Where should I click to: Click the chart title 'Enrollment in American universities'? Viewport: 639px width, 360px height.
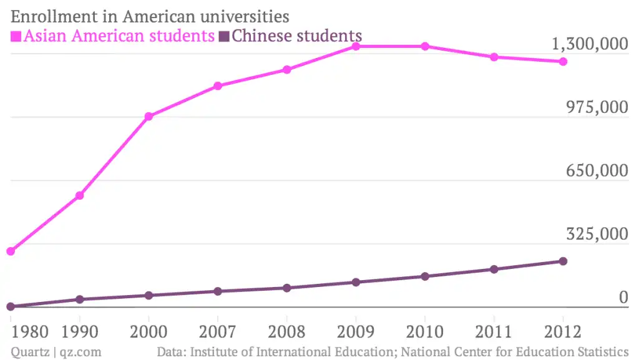[150, 15]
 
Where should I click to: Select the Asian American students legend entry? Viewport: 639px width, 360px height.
[119, 36]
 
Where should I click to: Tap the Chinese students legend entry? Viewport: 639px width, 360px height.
[296, 36]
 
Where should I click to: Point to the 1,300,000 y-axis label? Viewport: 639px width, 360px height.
[589, 45]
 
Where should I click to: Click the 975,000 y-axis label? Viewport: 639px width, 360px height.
[597, 108]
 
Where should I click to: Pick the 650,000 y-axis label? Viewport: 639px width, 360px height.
[597, 172]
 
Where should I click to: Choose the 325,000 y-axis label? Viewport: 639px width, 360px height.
[597, 235]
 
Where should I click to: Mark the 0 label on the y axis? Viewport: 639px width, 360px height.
[622, 298]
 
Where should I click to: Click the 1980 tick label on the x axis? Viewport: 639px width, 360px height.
[30, 331]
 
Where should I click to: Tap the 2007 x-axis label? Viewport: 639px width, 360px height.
[217, 331]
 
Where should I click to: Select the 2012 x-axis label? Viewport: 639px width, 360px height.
[562, 331]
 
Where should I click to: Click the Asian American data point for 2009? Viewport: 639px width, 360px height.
[356, 46]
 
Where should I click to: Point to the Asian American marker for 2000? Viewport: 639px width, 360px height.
[149, 117]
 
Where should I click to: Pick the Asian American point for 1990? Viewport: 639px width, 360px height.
[79, 196]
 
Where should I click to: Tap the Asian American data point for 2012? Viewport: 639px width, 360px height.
[563, 61]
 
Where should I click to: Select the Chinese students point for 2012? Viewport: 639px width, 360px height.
[563, 261]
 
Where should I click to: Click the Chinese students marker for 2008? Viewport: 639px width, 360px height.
[286, 288]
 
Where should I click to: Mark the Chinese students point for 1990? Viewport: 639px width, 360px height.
[79, 299]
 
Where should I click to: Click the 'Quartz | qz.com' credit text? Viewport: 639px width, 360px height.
[56, 352]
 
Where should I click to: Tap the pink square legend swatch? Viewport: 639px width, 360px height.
[16, 36]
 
